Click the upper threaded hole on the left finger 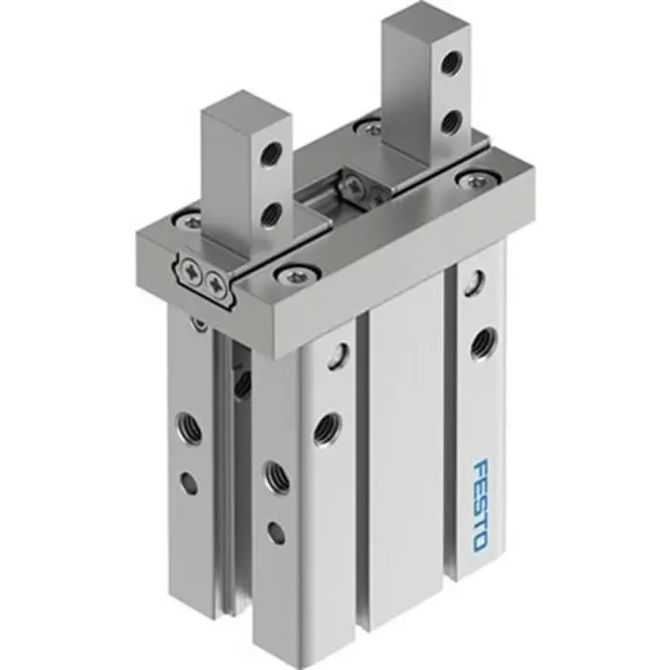[x=274, y=152]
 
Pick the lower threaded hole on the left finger [x=272, y=212]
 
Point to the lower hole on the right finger [x=453, y=121]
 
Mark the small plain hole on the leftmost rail [x=189, y=483]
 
